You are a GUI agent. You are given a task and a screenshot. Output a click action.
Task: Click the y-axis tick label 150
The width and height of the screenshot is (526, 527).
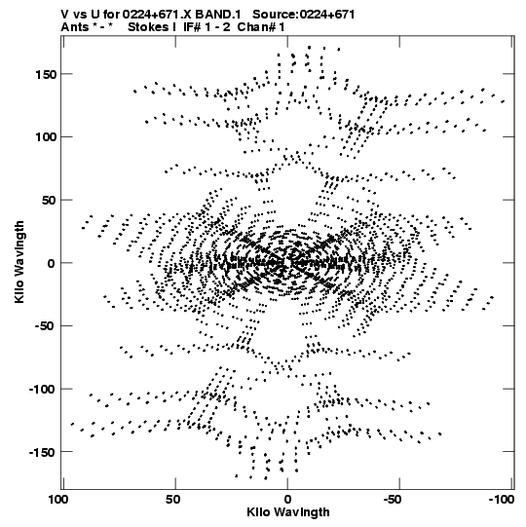click(46, 74)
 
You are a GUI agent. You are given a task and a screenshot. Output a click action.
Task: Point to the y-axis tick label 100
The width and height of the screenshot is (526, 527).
click(46, 137)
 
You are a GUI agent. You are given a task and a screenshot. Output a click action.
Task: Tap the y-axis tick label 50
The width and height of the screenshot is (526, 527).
click(50, 201)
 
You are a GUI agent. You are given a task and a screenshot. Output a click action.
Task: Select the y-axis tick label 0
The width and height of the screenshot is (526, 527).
click(51, 263)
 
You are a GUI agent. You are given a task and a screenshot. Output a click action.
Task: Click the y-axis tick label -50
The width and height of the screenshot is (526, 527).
click(46, 326)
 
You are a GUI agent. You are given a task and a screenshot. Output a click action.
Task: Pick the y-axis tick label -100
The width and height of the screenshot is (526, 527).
click(42, 390)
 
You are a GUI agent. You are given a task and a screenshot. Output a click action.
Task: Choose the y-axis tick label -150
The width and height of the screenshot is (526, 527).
click(42, 452)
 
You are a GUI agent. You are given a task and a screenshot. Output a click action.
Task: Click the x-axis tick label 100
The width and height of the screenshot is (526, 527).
click(59, 500)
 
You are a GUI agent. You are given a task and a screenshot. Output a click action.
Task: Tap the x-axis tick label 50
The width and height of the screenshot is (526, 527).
click(173, 500)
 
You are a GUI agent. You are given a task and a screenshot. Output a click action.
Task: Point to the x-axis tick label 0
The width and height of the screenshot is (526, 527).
click(287, 500)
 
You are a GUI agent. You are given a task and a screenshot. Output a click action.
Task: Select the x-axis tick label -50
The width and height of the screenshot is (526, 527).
click(392, 500)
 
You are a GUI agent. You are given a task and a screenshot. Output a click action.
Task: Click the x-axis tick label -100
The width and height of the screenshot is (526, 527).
click(501, 500)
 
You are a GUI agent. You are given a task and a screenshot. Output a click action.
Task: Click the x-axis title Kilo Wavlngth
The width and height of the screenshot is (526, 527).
click(288, 512)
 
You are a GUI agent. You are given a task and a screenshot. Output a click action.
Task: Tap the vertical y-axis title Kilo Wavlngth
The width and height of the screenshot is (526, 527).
click(19, 262)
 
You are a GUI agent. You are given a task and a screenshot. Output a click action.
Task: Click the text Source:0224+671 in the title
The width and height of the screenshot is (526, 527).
click(304, 15)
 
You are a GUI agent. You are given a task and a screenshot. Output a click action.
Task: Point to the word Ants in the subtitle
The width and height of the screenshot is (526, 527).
click(75, 27)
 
